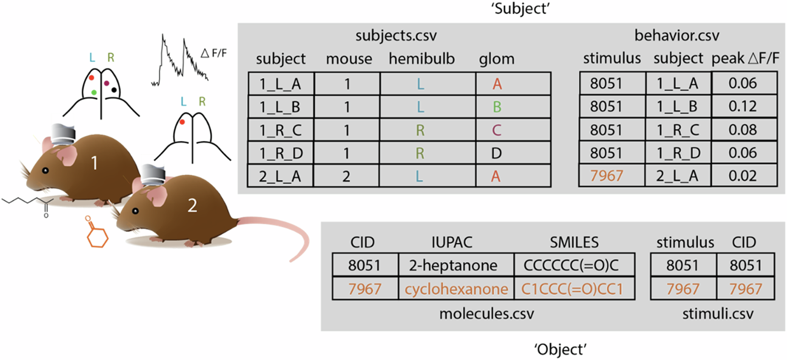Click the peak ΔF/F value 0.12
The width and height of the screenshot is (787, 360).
(743, 106)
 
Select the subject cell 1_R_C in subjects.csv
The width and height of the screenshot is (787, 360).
(280, 130)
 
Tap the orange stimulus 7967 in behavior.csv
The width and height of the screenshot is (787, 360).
(606, 176)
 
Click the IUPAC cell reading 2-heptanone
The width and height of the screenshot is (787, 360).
(453, 265)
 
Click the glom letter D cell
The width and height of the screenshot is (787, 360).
(497, 153)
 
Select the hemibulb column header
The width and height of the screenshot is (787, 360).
(422, 59)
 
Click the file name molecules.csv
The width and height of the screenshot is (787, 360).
(487, 314)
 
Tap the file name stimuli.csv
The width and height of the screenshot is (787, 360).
(717, 314)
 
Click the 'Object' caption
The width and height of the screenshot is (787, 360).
(560, 350)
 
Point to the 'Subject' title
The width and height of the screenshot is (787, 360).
(521, 9)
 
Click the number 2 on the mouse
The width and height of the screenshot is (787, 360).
(192, 205)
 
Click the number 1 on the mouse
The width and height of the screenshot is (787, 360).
(94, 163)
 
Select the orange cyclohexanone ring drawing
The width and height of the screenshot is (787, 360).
(97, 234)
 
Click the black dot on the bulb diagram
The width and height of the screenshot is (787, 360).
(114, 90)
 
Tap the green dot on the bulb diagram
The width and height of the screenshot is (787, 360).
(94, 92)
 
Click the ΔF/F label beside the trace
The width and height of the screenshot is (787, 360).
(213, 53)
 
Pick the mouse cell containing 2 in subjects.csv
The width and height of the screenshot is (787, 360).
(346, 177)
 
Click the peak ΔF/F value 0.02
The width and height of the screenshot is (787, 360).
(743, 176)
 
